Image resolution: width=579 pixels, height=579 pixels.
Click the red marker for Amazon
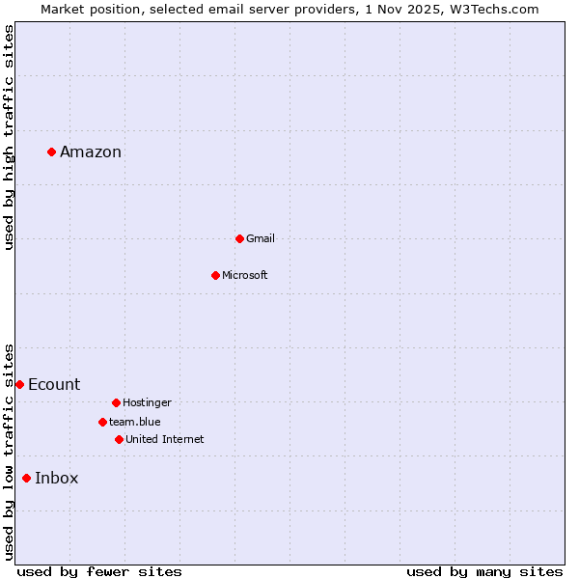51,152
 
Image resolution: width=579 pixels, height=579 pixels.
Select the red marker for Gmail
239,238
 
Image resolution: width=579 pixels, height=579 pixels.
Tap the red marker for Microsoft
215,275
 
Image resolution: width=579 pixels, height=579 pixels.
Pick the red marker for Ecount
19,384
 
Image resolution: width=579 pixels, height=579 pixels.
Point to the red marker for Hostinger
116,402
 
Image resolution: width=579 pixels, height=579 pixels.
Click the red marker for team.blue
102,422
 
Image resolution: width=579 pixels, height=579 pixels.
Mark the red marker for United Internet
119,439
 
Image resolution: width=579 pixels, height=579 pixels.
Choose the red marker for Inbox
26,478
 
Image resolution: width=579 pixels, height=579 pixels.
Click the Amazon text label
91,152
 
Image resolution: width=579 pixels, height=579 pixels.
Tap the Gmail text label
261,238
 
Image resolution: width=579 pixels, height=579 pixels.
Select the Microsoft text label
245,275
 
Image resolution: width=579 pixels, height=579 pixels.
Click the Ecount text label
54,384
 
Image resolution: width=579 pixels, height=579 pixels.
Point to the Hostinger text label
147,402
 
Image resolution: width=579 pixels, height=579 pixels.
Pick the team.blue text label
135,422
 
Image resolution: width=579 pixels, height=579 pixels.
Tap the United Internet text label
165,439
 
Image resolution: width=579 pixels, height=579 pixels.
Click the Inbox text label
57,478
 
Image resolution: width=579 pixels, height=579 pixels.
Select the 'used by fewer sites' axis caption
99,571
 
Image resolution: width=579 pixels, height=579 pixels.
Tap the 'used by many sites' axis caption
484,571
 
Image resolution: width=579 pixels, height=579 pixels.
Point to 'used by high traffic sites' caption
9,137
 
